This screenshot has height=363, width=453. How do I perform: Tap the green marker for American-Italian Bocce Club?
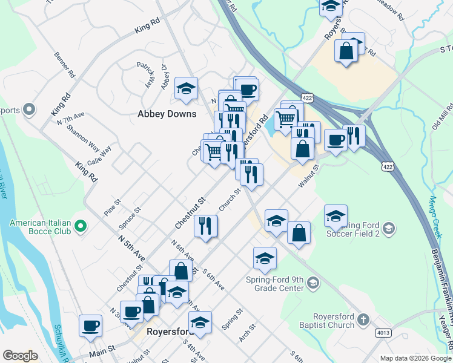pos(80,227)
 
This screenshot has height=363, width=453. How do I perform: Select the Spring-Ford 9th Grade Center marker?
pos(312,283)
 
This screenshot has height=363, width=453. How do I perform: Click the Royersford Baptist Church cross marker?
pos(363,318)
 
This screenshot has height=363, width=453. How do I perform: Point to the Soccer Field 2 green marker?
pos(389,228)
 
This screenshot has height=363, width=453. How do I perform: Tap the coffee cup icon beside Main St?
pos(91,325)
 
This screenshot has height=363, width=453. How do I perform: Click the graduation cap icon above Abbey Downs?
pos(187,89)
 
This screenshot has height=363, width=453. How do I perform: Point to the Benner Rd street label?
pos(64,66)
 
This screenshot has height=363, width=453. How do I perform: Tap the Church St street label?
pos(230,199)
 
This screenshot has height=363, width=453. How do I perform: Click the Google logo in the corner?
pos(20,356)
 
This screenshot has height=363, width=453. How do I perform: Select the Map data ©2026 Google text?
pos(415,358)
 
